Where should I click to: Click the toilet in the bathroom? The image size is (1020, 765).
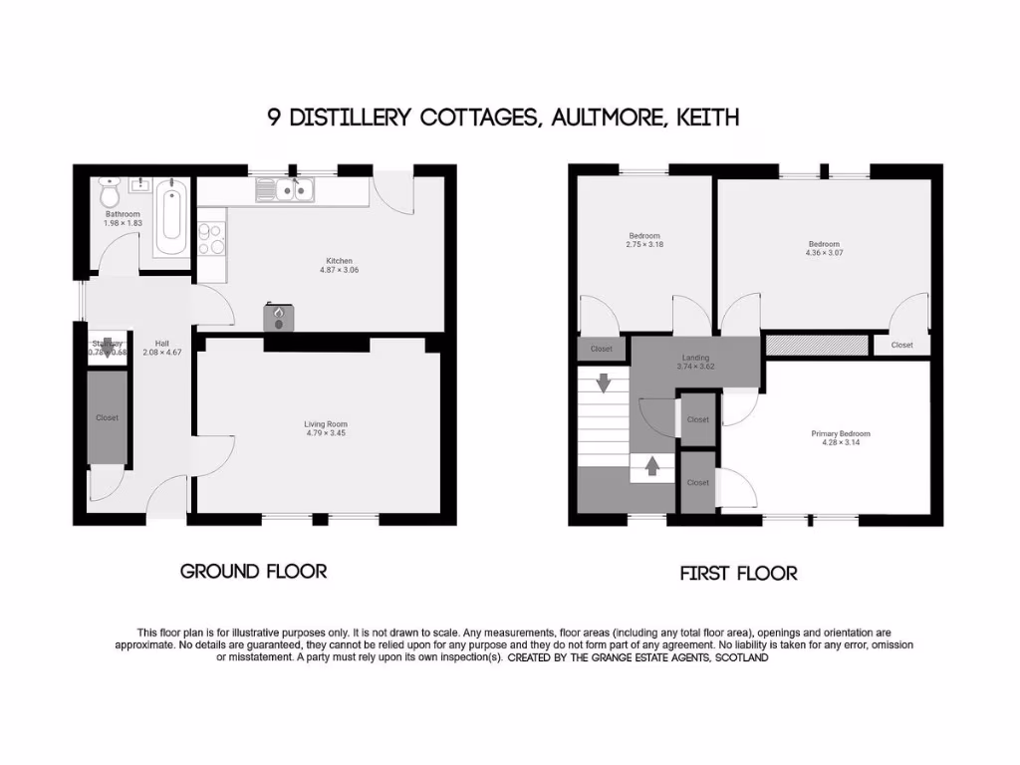110,188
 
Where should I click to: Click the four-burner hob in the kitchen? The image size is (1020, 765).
210,238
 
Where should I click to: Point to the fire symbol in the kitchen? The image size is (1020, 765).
279,316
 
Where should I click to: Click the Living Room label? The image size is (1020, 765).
326,424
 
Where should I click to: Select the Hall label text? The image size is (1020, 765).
150,344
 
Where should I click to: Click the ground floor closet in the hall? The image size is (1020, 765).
107,417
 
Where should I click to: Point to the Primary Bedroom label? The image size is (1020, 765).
840,433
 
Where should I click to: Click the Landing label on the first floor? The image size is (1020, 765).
695,358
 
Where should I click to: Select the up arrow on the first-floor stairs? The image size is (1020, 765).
652,465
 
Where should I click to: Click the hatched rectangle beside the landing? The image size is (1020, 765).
816,345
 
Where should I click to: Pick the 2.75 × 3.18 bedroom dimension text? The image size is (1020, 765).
643,245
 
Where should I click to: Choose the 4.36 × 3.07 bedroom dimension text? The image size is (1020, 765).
824,253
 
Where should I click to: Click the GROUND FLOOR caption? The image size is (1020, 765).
253,571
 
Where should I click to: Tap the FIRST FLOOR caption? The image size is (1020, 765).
738,573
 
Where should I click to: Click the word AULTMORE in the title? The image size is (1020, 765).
608,118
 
